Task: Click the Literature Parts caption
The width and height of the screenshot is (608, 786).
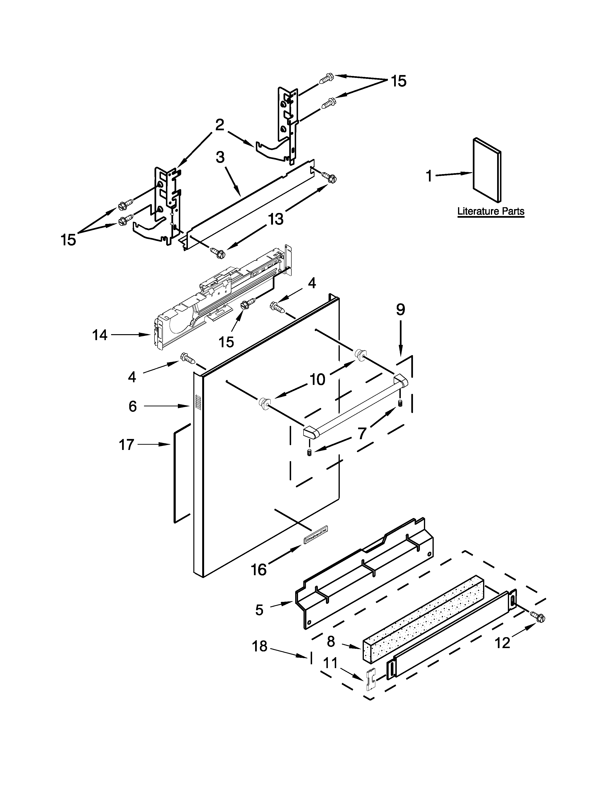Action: (491, 211)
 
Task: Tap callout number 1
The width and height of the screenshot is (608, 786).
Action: (429, 176)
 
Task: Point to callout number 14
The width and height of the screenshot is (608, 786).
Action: (99, 335)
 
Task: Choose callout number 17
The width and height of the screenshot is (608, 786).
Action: (126, 445)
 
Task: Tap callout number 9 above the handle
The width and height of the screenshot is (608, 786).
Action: (401, 309)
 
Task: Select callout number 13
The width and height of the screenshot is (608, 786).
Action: (276, 219)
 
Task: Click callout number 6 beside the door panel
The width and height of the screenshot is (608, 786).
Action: (133, 406)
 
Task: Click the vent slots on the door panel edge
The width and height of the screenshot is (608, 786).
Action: (197, 402)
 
